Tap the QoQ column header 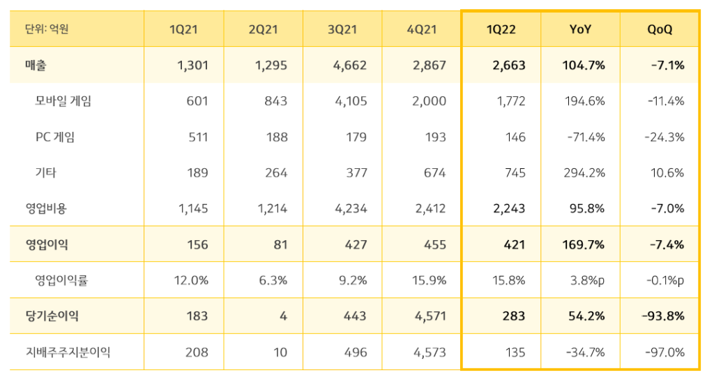(x=660, y=29)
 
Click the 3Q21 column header (x=342, y=29)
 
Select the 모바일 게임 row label (x=63, y=101)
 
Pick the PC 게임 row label (x=55, y=137)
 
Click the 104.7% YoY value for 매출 (x=584, y=66)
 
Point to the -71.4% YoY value (x=586, y=137)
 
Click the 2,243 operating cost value (x=510, y=209)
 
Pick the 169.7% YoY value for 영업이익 (x=584, y=245)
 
